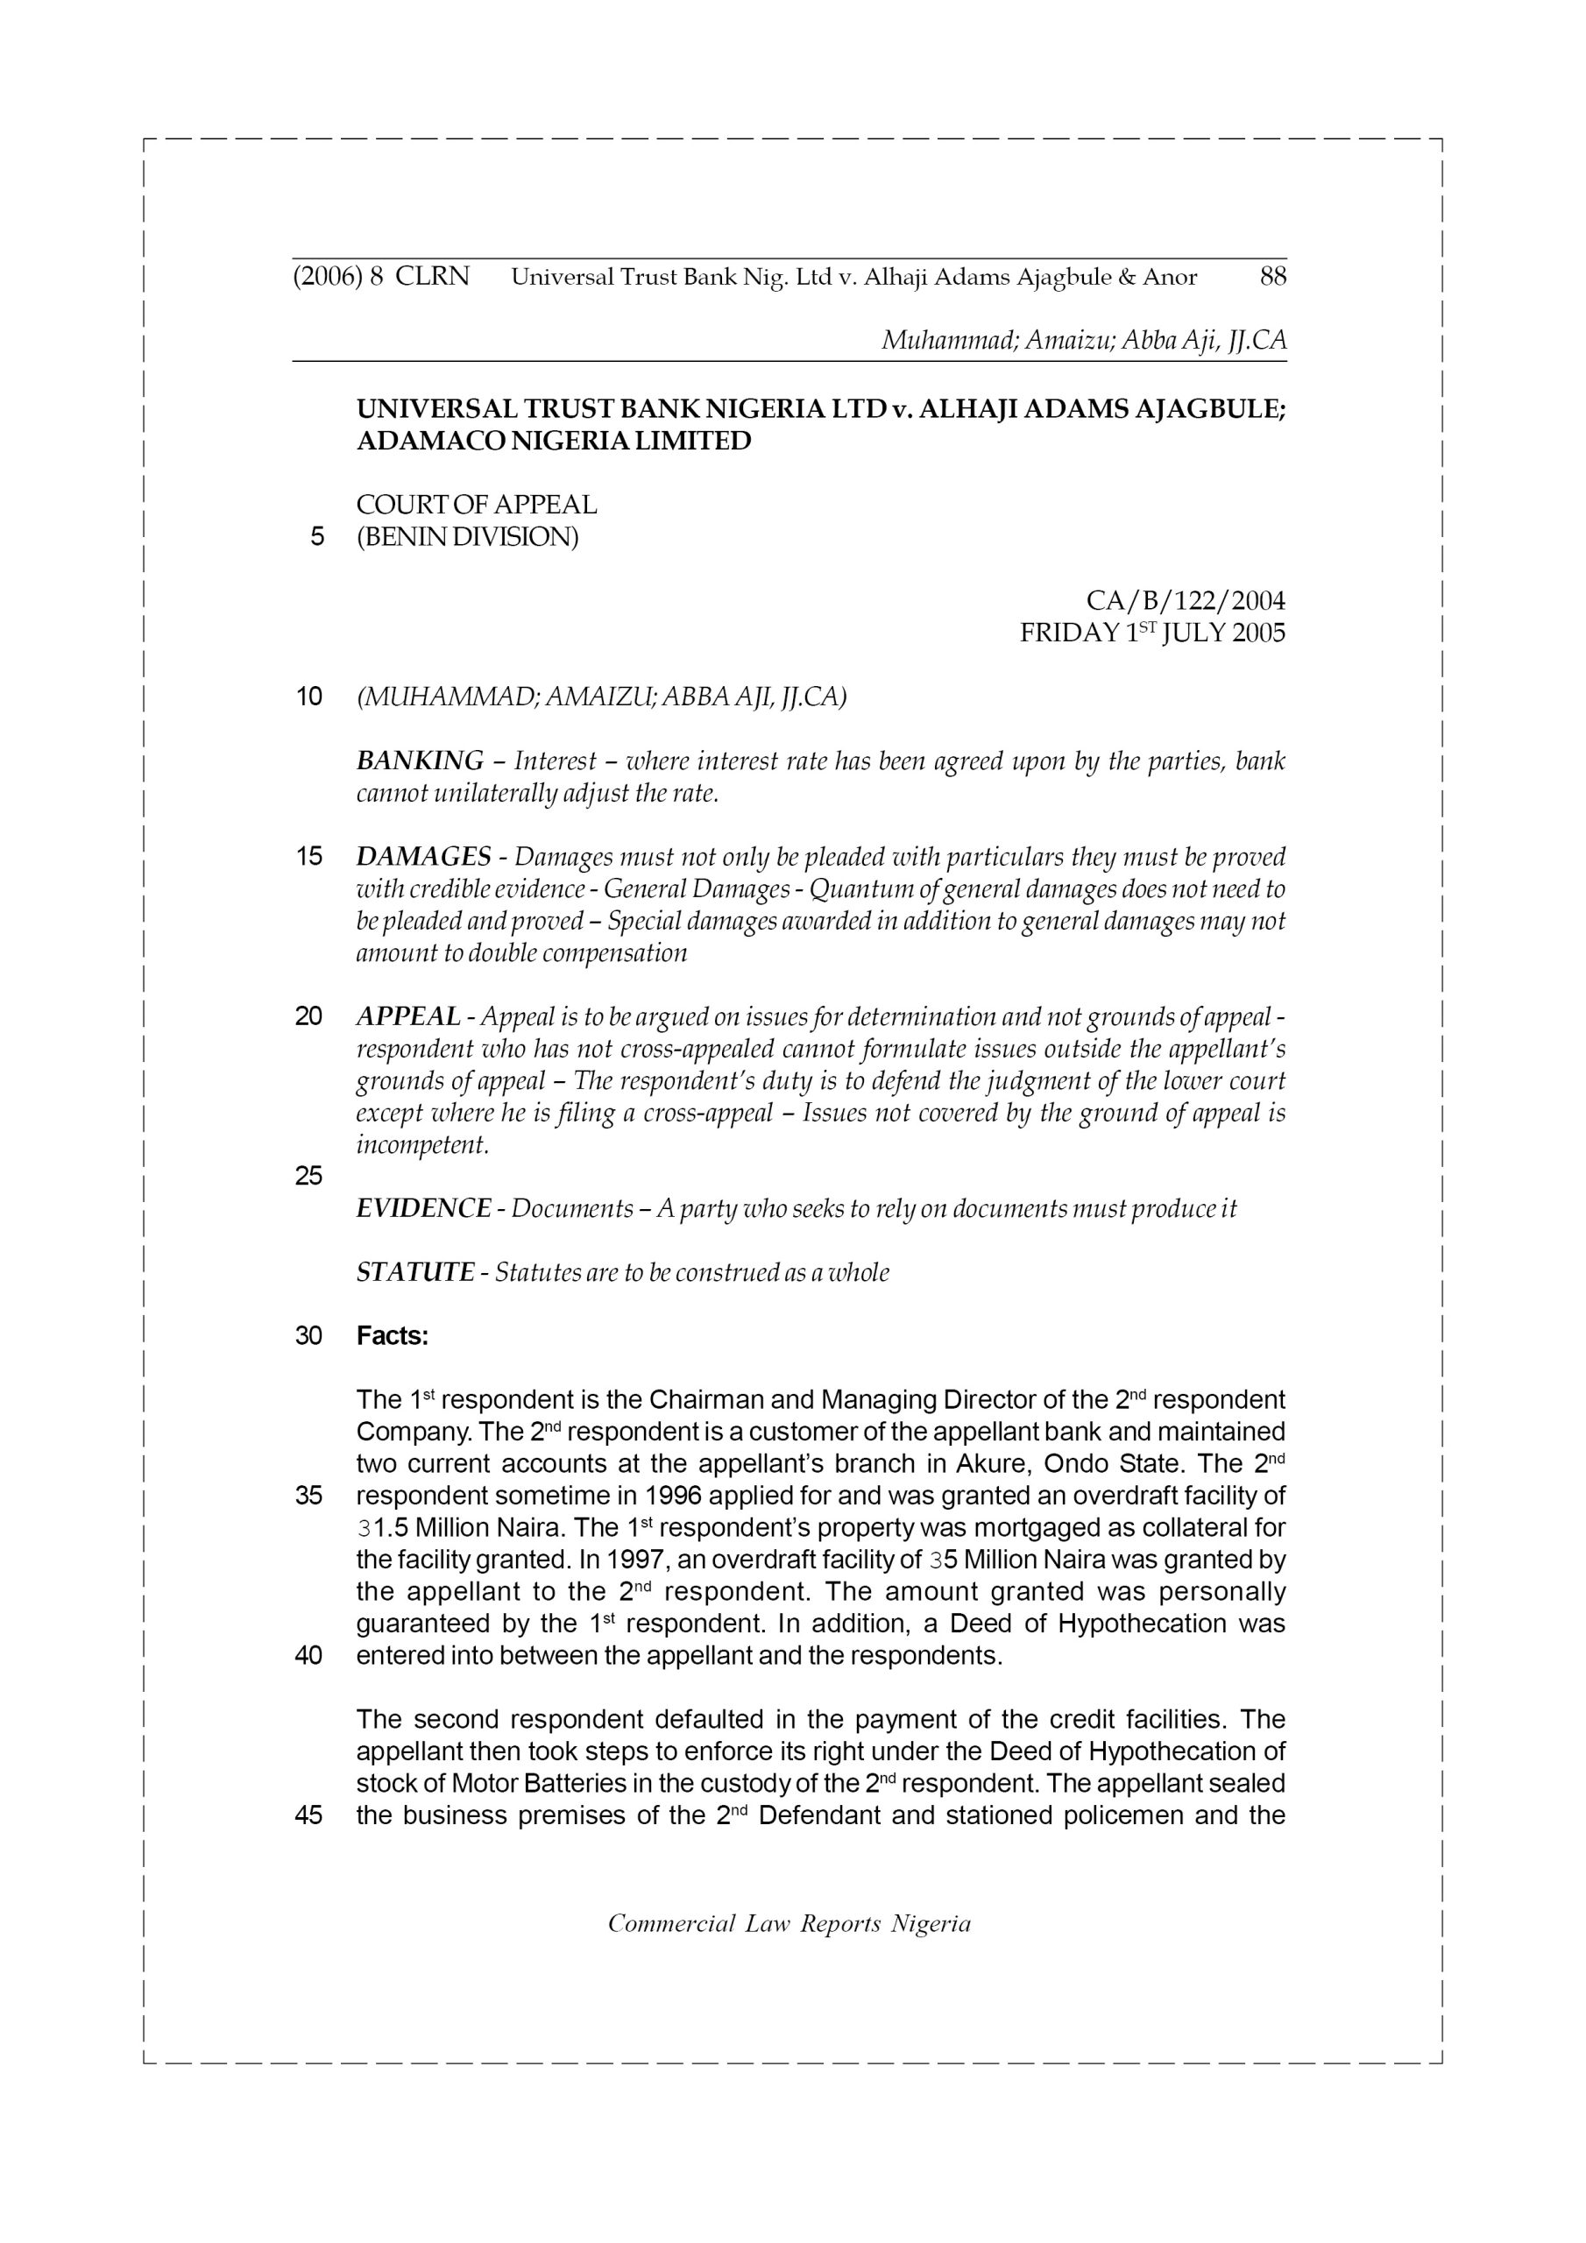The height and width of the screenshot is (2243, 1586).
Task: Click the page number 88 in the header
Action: (1272, 278)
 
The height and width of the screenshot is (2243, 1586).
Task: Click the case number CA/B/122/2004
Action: (1186, 600)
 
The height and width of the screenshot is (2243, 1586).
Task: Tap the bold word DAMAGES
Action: (424, 857)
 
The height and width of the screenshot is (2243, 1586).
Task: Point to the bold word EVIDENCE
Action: (424, 1208)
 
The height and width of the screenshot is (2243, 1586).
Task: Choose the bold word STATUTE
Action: (415, 1273)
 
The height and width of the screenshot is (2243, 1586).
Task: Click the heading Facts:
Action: (393, 1335)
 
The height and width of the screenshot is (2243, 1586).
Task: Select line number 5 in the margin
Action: (316, 536)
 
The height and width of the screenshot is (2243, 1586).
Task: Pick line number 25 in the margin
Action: (308, 1176)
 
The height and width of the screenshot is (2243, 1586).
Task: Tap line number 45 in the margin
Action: (308, 1816)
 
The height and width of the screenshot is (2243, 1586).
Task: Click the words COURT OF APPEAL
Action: (476, 505)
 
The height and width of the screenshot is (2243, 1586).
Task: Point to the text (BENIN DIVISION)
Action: (467, 536)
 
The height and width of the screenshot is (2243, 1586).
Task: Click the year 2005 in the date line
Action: (1258, 633)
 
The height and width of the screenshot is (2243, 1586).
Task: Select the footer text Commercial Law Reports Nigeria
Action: (789, 1923)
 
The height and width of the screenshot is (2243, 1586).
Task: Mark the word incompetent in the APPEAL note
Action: (422, 1145)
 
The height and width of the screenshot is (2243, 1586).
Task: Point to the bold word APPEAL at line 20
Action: (408, 1017)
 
